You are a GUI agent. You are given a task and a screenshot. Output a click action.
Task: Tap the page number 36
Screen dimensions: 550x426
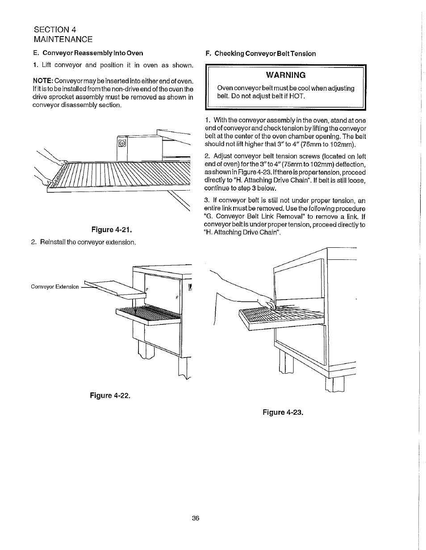point(195,518)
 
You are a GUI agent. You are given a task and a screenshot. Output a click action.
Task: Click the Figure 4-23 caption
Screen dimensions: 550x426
point(283,412)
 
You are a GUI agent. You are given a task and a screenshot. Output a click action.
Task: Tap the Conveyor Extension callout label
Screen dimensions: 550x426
point(54,287)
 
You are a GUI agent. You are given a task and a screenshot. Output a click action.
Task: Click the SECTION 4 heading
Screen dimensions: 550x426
point(55,29)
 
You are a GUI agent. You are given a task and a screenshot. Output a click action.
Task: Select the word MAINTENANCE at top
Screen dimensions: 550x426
point(63,39)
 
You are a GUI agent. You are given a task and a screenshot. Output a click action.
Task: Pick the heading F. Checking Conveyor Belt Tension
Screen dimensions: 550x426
point(260,54)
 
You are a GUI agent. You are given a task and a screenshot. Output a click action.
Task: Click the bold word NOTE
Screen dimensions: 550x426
point(42,81)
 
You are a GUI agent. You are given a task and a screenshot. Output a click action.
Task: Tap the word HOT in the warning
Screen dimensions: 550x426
point(296,96)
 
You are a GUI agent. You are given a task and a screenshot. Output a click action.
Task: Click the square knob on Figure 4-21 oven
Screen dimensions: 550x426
point(122,143)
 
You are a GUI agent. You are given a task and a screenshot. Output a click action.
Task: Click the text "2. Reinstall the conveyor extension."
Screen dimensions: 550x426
point(84,242)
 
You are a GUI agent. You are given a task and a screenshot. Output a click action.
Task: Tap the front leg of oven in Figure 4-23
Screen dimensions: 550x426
point(286,361)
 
